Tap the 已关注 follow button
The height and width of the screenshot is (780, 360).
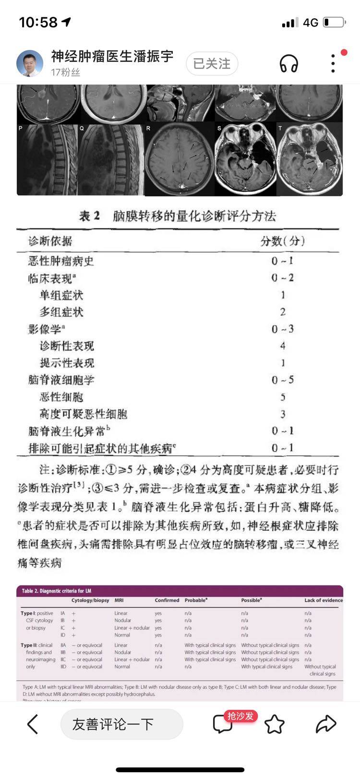point(212,64)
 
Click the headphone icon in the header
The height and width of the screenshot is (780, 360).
point(288,63)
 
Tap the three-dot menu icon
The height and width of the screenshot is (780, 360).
point(333,63)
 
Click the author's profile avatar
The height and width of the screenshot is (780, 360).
point(30,63)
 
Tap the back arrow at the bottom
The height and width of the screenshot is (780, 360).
point(32,724)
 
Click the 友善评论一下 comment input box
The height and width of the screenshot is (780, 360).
point(121,724)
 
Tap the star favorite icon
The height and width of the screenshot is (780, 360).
point(275,724)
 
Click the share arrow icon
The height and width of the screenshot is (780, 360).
point(325,724)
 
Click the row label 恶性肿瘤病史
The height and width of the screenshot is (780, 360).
point(61,261)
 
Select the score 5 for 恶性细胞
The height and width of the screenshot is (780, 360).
point(283,397)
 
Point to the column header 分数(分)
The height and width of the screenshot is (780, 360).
point(283,241)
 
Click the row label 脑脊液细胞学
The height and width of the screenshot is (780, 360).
point(61,380)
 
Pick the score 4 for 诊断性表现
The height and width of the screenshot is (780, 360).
point(283,346)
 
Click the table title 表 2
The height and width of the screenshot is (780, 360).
point(89,216)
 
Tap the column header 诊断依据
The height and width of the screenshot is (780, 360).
point(50,241)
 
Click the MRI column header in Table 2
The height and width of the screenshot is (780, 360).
point(119,600)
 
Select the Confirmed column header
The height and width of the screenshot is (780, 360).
point(167,600)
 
